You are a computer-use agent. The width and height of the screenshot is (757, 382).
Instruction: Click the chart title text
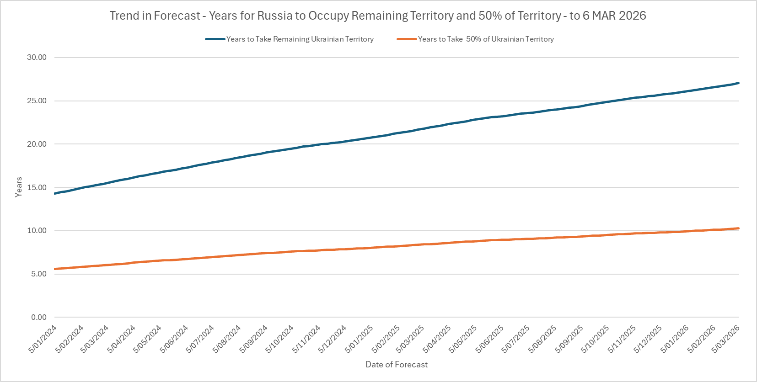pos(378,16)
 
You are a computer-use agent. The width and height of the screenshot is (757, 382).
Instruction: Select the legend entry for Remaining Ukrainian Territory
pos(300,39)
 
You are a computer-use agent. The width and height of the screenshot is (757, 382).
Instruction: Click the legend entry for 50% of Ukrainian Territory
pos(485,39)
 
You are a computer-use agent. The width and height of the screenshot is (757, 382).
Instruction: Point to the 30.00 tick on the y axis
pos(37,58)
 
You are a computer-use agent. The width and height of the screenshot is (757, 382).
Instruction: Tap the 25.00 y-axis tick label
pos(37,101)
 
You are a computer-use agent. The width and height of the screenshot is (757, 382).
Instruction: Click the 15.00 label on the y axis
pos(37,187)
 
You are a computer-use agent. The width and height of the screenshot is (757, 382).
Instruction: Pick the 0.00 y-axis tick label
pos(39,317)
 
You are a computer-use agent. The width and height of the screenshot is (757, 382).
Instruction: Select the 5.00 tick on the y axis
pos(39,274)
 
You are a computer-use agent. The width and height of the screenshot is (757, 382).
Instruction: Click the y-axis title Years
pos(19,187)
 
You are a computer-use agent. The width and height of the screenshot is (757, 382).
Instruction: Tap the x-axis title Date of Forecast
pos(397,365)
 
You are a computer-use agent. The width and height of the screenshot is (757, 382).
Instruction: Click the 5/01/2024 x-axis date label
pos(43,339)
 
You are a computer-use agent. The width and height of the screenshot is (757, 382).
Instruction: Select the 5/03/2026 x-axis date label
pos(726,339)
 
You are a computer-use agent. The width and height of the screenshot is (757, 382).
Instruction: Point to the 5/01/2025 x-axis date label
pos(360,339)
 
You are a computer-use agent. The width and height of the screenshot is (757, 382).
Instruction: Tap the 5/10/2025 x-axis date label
pos(596,339)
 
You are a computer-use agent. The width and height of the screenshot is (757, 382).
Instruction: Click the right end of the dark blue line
pos(738,83)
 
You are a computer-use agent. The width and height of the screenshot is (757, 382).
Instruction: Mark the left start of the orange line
pos(55,269)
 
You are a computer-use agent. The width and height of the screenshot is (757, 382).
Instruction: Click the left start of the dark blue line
pos(55,194)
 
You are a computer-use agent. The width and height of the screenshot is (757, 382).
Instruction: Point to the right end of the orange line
pos(738,228)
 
